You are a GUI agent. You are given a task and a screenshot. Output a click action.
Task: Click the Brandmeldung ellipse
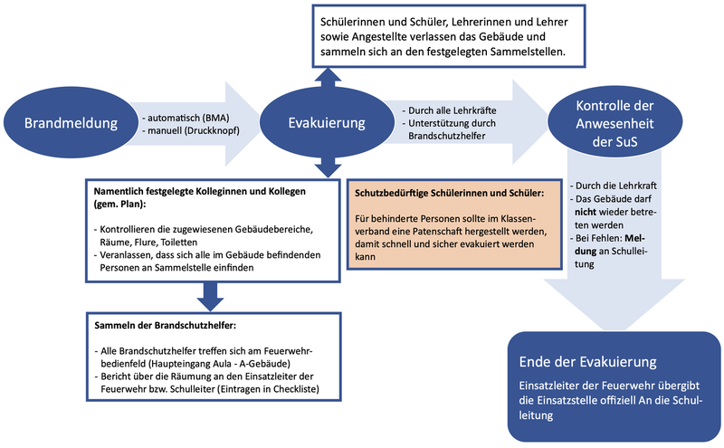click(65, 123)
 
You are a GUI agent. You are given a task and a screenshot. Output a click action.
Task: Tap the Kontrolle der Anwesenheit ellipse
click(614, 123)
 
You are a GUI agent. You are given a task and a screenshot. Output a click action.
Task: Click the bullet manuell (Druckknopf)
click(188, 131)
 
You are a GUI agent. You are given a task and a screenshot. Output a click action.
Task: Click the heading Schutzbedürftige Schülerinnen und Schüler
click(449, 193)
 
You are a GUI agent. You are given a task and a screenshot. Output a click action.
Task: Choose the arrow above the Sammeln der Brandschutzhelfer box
click(210, 295)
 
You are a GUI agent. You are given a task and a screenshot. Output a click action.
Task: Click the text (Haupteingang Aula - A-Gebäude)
click(195, 362)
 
